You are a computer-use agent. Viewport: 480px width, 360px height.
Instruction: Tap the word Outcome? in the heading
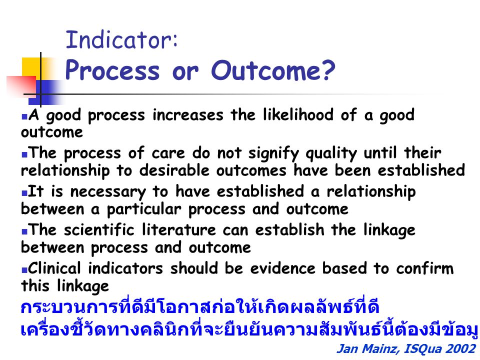point(273,70)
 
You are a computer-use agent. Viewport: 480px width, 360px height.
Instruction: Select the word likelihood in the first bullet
point(298,114)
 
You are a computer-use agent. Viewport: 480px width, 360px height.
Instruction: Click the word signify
point(273,153)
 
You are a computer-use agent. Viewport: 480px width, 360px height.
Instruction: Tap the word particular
point(144,209)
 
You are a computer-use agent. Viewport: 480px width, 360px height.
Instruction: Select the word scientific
point(99,229)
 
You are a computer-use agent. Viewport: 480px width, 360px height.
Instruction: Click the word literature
point(179,229)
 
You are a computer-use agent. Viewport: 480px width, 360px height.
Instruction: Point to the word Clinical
point(54,268)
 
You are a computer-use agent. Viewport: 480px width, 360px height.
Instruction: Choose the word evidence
point(283,268)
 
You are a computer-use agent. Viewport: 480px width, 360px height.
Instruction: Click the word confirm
point(425,268)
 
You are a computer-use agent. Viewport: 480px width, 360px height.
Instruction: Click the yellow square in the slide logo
point(31,68)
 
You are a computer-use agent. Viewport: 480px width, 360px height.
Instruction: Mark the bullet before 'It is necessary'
point(24,193)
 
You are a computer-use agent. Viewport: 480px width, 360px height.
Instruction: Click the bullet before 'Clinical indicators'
point(24,270)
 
